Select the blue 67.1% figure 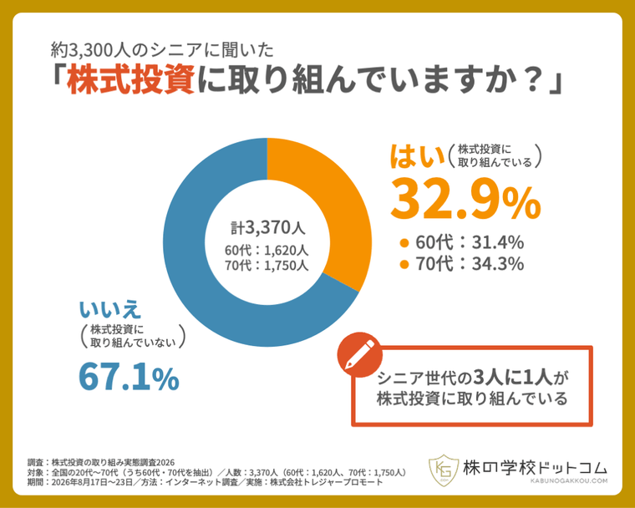click(129, 377)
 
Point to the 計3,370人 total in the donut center click(267, 228)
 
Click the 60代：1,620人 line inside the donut click(267, 251)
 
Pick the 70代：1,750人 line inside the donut click(267, 266)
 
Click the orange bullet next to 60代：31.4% click(404, 243)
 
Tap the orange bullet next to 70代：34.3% click(404, 265)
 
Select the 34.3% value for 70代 click(498, 264)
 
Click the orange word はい click(417, 156)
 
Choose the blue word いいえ click(110, 309)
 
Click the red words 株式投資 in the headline click(130, 79)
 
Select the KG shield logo click(444, 470)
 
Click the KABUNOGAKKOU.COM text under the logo click(569, 481)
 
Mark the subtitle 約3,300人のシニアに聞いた click(162, 50)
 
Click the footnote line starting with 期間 click(205, 482)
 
